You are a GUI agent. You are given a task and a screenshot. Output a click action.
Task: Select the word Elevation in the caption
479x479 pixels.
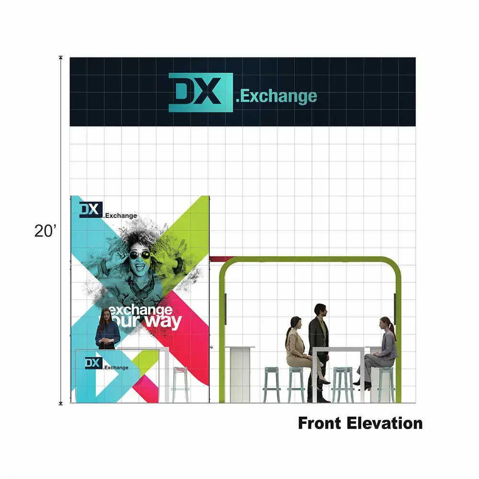pyautogui.click(x=385, y=423)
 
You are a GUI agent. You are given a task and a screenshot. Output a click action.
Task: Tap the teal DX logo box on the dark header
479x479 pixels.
pyautogui.click(x=201, y=92)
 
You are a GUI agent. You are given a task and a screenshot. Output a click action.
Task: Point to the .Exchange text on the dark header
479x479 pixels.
pyautogui.click(x=276, y=96)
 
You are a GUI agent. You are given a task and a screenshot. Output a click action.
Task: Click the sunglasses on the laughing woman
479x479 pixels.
pyautogui.click(x=139, y=254)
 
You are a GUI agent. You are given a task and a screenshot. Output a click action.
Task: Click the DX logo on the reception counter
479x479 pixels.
pyautogui.click(x=93, y=363)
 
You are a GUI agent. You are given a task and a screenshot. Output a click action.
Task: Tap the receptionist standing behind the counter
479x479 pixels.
pyautogui.click(x=107, y=329)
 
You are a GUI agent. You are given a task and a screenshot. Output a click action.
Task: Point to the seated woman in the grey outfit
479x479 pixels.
pyautogui.click(x=378, y=353)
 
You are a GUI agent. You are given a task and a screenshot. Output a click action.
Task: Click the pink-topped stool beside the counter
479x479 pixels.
pyautogui.click(x=180, y=385)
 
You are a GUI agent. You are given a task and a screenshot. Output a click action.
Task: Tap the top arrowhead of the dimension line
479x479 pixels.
pyautogui.click(x=61, y=58)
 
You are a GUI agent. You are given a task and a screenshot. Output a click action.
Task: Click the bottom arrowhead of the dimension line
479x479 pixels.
pyautogui.click(x=61, y=403)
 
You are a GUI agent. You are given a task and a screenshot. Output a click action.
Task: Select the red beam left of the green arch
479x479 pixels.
pyautogui.click(x=222, y=259)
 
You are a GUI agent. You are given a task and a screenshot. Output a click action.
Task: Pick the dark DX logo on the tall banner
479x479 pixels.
pyautogui.click(x=91, y=210)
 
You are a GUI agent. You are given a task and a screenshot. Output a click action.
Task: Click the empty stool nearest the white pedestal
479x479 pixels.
pyautogui.click(x=272, y=385)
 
